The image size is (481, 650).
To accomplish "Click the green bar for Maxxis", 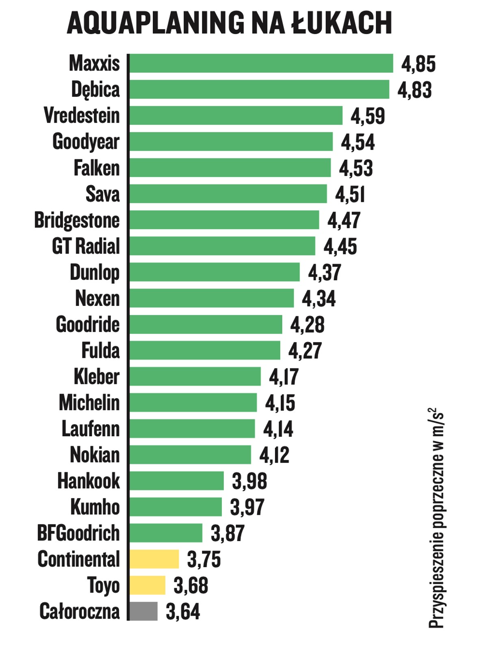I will click(x=261, y=63).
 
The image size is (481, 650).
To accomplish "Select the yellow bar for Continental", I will click(x=154, y=559).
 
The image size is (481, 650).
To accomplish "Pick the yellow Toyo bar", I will click(x=147, y=585).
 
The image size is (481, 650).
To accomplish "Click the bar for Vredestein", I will click(x=236, y=115).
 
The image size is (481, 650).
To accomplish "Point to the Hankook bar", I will click(x=176, y=481).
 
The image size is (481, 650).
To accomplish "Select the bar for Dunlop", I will click(x=214, y=272).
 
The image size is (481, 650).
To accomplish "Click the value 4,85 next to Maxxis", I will click(x=418, y=64).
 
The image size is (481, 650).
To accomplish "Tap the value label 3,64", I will click(x=183, y=612).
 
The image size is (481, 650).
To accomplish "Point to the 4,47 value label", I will click(x=344, y=221).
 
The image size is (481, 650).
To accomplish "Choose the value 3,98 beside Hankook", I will click(x=249, y=481).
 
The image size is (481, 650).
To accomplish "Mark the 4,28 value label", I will click(x=307, y=325).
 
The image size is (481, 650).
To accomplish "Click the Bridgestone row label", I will click(x=77, y=221).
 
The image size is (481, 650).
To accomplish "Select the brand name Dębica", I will click(x=95, y=90).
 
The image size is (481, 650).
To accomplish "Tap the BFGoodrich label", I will click(x=78, y=533).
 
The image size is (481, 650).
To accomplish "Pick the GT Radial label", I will click(x=86, y=246).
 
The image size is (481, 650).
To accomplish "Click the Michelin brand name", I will click(x=89, y=403).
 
